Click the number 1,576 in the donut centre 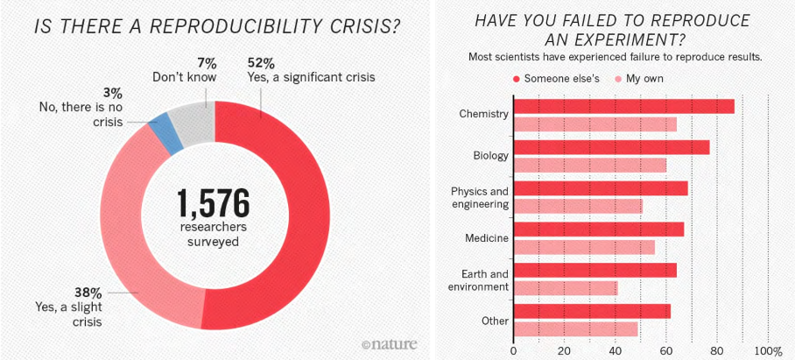click(x=214, y=203)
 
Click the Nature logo click(x=389, y=342)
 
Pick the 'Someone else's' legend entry click(x=554, y=79)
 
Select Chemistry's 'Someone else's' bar click(x=623, y=106)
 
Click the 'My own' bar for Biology click(x=589, y=165)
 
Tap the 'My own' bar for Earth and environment click(x=565, y=287)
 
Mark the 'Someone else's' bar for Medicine click(x=598, y=229)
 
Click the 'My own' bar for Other click(x=575, y=328)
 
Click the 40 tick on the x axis click(x=615, y=351)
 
